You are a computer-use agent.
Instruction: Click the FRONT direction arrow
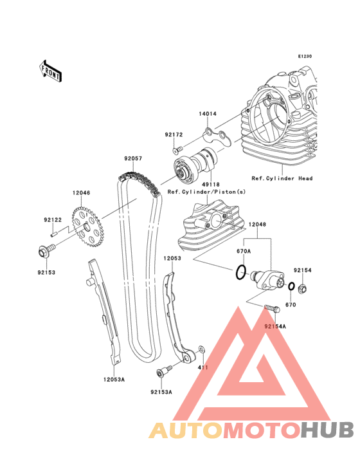click(x=50, y=71)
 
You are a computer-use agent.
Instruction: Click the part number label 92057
click(x=133, y=158)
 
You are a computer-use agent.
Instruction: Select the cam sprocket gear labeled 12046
click(x=87, y=226)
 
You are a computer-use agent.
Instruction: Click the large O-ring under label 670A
click(x=240, y=272)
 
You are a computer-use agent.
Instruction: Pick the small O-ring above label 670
click(x=291, y=286)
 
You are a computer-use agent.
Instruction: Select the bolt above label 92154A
click(x=272, y=308)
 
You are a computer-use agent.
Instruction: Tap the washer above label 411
click(x=202, y=349)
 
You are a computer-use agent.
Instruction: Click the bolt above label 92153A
click(x=164, y=371)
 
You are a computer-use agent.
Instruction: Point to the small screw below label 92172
click(x=177, y=149)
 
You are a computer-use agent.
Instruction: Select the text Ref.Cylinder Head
click(x=282, y=178)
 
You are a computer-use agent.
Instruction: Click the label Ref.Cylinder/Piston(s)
click(x=206, y=192)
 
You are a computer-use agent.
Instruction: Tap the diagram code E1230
click(x=305, y=56)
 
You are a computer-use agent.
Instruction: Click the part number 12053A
click(x=114, y=380)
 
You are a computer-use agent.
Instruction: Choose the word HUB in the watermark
click(x=328, y=430)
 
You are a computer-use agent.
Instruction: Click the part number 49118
click(x=211, y=185)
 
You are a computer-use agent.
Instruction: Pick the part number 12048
click(x=257, y=225)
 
